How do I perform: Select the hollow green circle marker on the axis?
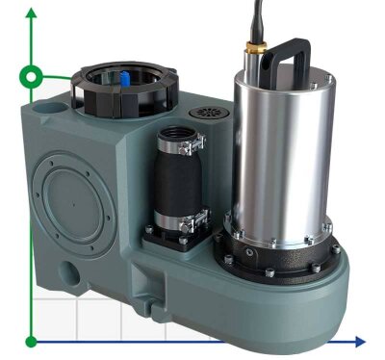[x=32, y=76]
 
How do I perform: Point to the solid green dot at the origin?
[x=32, y=341]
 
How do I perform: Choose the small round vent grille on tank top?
[x=207, y=114]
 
